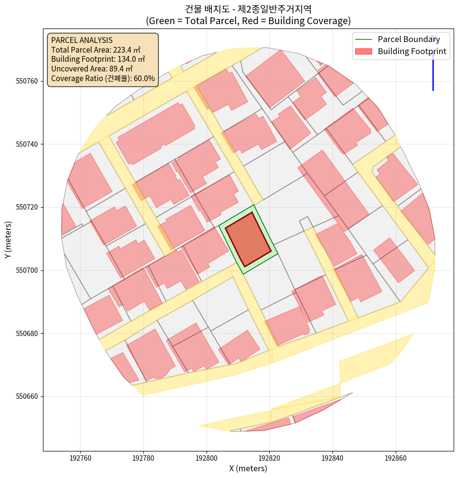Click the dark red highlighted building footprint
pyautogui.click(x=248, y=239)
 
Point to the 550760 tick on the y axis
pyautogui.click(x=29, y=81)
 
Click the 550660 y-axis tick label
pyautogui.click(x=29, y=397)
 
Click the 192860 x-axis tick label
pyautogui.click(x=396, y=457)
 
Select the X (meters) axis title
pyautogui.click(x=248, y=468)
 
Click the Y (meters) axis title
pyautogui.click(x=8, y=239)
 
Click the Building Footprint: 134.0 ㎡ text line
pyautogui.click(x=98, y=59)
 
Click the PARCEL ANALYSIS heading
pyautogui.click(x=82, y=40)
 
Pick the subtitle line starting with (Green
pyautogui.click(x=248, y=21)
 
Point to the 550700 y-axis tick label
pyautogui.click(x=29, y=270)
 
